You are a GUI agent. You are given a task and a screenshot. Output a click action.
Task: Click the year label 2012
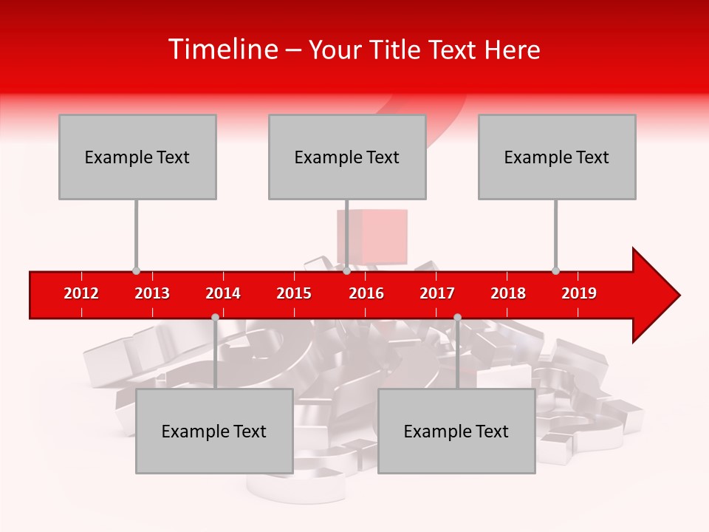pyautogui.click(x=81, y=293)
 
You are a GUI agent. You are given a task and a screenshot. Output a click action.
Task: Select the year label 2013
pyautogui.click(x=152, y=293)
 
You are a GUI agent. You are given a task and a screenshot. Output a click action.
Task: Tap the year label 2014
pyautogui.click(x=223, y=293)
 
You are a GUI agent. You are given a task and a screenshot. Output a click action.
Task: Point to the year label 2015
pyautogui.click(x=294, y=293)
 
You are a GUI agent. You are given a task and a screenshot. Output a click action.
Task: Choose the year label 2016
pyautogui.click(x=366, y=293)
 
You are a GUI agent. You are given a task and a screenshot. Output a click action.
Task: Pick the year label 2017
pyautogui.click(x=437, y=293)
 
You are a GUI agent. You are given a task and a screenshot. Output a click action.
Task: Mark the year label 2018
pyautogui.click(x=508, y=293)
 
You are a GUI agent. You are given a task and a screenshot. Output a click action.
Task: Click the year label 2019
pyautogui.click(x=579, y=293)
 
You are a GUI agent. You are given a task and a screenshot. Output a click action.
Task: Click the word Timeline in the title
pyautogui.click(x=222, y=50)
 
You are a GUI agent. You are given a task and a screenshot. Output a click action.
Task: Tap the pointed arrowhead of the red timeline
pyautogui.click(x=657, y=296)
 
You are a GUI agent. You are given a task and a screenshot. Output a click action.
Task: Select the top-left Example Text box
pyautogui.click(x=137, y=157)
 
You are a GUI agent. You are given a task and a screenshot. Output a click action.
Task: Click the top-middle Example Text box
pyautogui.click(x=347, y=157)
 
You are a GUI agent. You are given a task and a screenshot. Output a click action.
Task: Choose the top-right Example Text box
pyautogui.click(x=557, y=157)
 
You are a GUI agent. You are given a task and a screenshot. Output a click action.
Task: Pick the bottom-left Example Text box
pyautogui.click(x=214, y=431)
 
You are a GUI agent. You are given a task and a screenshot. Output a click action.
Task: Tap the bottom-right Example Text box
pyautogui.click(x=456, y=431)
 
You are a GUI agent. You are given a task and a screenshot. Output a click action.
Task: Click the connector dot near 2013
pyautogui.click(x=136, y=271)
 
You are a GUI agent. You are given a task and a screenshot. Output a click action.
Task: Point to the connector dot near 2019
pyautogui.click(x=555, y=271)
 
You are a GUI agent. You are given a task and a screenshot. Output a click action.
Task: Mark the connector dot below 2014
pyautogui.click(x=215, y=317)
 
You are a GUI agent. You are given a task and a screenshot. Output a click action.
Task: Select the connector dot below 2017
pyautogui.click(x=457, y=317)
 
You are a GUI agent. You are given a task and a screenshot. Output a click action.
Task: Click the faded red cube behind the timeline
pyautogui.click(x=373, y=235)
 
